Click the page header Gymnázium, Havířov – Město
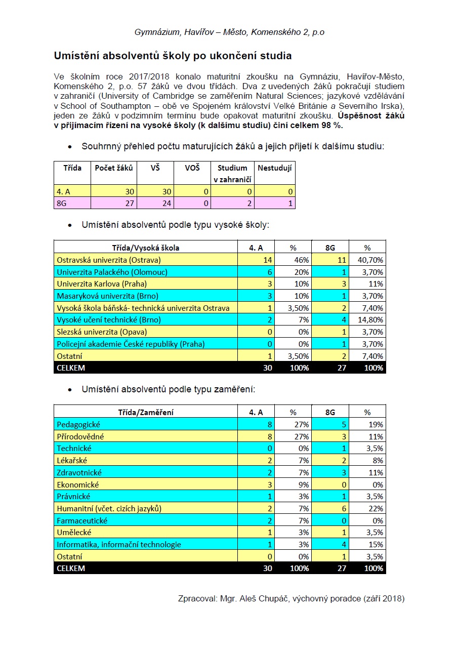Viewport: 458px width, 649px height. coord(229,32)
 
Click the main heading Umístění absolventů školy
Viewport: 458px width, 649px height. coord(173,55)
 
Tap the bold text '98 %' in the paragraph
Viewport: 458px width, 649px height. coord(332,125)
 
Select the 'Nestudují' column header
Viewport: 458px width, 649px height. coord(275,168)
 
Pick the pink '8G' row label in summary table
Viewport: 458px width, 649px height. coord(62,204)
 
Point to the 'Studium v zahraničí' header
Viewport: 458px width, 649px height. coord(232,173)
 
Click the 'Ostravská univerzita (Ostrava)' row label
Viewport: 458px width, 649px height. coord(108,260)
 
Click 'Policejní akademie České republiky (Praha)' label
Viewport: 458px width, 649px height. coord(131,344)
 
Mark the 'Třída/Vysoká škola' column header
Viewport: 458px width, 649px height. coord(145,248)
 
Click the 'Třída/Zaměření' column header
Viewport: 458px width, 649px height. coord(145,412)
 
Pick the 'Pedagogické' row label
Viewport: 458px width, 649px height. coord(78,424)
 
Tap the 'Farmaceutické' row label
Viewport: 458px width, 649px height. coord(82,520)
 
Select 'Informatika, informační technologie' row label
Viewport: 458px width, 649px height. coord(119,544)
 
